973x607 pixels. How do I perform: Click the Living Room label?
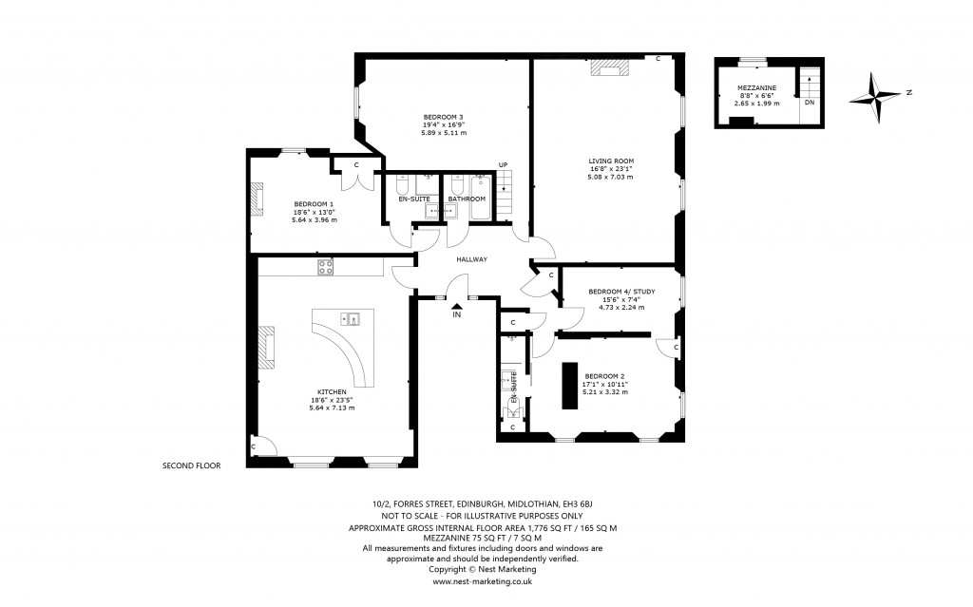(x=611, y=161)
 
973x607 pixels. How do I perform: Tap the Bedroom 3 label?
(x=444, y=117)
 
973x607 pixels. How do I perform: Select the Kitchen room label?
(x=332, y=391)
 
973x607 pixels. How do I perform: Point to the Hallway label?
(x=471, y=259)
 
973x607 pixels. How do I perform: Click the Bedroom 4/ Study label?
(x=621, y=291)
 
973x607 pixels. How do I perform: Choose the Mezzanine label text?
(x=757, y=88)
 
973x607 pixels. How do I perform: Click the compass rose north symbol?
(x=874, y=98)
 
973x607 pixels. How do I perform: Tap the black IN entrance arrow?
(x=457, y=305)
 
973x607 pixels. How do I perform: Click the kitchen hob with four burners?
(x=326, y=267)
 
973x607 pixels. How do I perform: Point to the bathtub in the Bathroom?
(x=480, y=198)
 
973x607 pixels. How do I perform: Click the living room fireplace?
(x=609, y=67)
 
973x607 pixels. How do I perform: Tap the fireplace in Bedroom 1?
(x=257, y=199)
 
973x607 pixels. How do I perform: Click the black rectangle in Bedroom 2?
(x=570, y=386)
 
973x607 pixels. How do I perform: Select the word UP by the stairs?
(x=503, y=164)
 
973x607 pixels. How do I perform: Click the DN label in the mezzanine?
(x=810, y=103)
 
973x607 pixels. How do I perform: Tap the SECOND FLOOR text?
(x=191, y=465)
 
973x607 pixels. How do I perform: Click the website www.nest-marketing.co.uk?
(x=482, y=581)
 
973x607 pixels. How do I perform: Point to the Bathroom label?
(x=467, y=199)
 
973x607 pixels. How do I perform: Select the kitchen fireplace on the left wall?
(x=266, y=349)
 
